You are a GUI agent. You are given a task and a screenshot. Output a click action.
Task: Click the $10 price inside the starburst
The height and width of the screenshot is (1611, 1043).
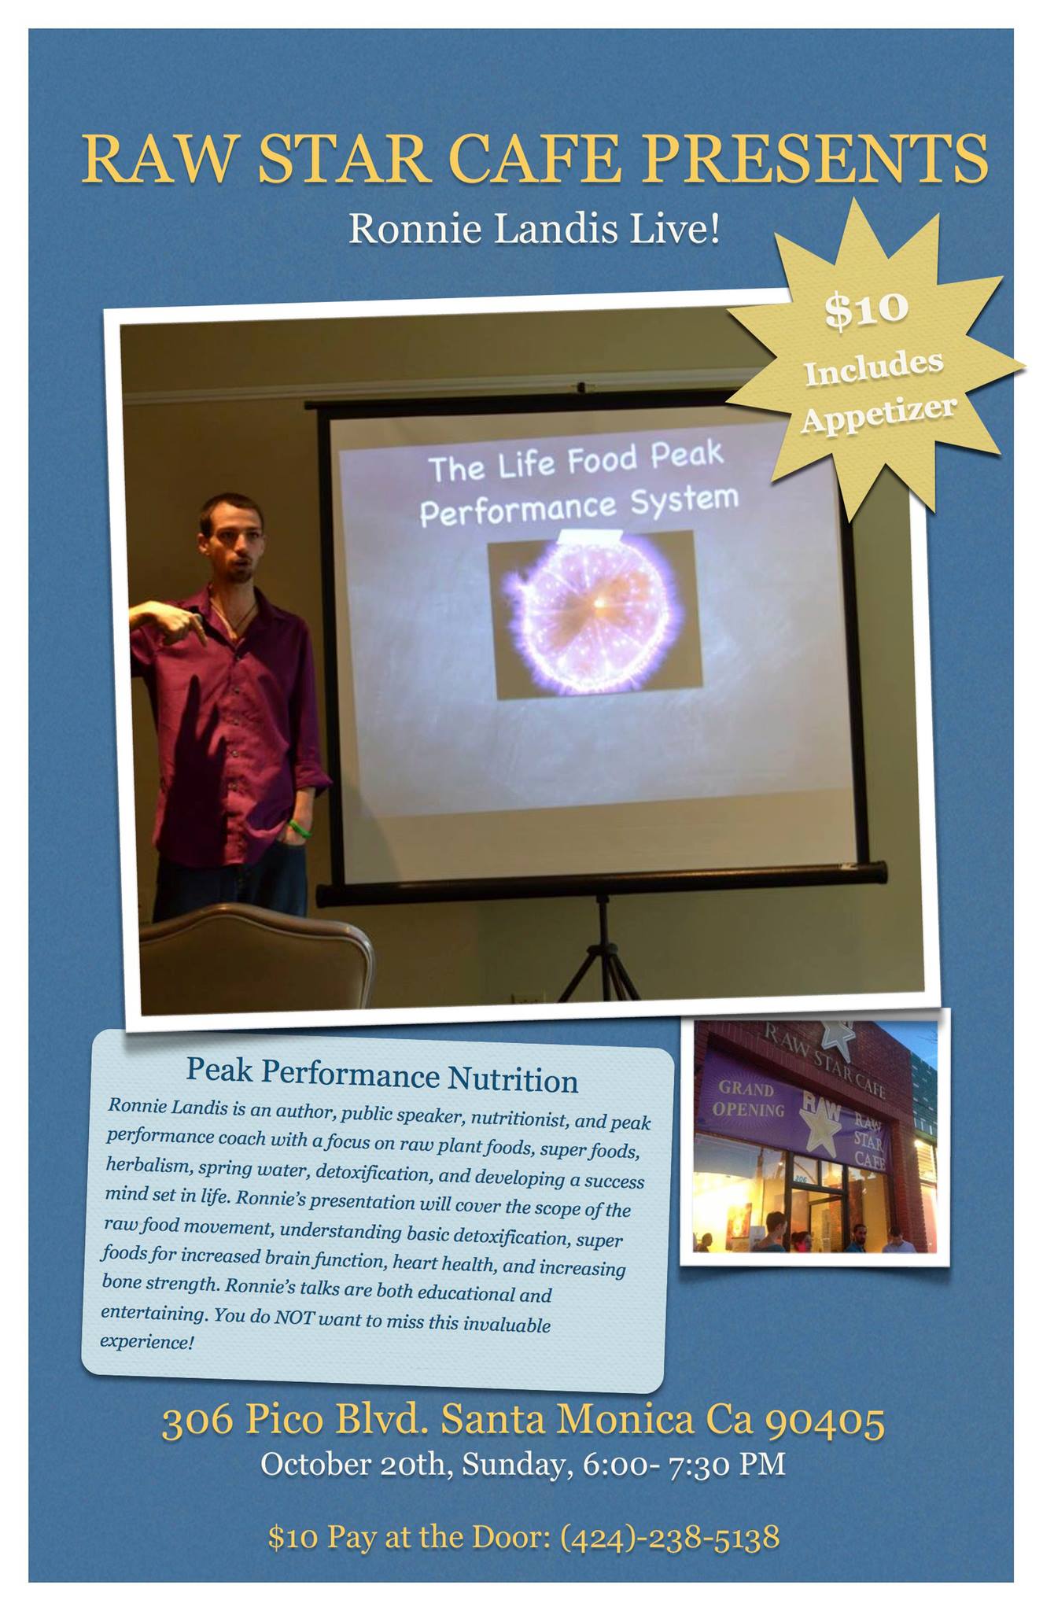(x=866, y=308)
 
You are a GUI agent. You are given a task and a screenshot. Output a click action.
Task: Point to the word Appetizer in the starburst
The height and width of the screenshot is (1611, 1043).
(x=879, y=414)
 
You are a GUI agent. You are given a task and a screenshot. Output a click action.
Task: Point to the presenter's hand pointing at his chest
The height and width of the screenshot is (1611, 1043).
(x=182, y=622)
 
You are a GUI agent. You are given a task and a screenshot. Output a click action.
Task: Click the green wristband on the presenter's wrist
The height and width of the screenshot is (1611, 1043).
(x=297, y=828)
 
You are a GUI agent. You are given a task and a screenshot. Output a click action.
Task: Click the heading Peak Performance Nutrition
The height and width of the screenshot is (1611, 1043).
(x=381, y=1075)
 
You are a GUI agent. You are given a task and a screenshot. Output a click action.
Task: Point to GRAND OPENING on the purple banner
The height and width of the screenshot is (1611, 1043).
(x=747, y=1100)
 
